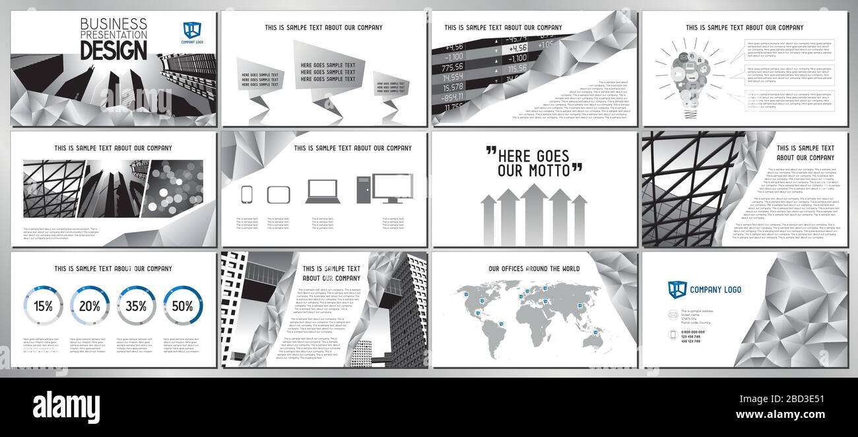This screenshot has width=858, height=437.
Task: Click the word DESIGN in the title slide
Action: coord(114,49)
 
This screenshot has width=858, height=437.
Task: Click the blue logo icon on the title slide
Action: coord(192,30)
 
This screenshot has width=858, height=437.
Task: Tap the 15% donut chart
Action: coord(44,306)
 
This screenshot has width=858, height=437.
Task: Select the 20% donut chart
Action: coord(90,306)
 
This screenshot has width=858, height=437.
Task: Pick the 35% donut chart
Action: coord(136,306)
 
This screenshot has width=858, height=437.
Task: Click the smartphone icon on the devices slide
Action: coord(247,194)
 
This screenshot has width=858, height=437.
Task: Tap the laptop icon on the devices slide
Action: coord(322,191)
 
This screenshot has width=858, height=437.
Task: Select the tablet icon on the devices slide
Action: coord(278,194)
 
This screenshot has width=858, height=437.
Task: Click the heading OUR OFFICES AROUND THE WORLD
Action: coord(534,269)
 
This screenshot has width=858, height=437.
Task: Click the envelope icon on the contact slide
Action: coord(673,314)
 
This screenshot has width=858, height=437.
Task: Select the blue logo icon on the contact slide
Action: coord(677,289)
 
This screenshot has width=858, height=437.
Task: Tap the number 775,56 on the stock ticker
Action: coord(453,67)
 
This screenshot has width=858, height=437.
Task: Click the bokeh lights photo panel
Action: coord(172,189)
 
